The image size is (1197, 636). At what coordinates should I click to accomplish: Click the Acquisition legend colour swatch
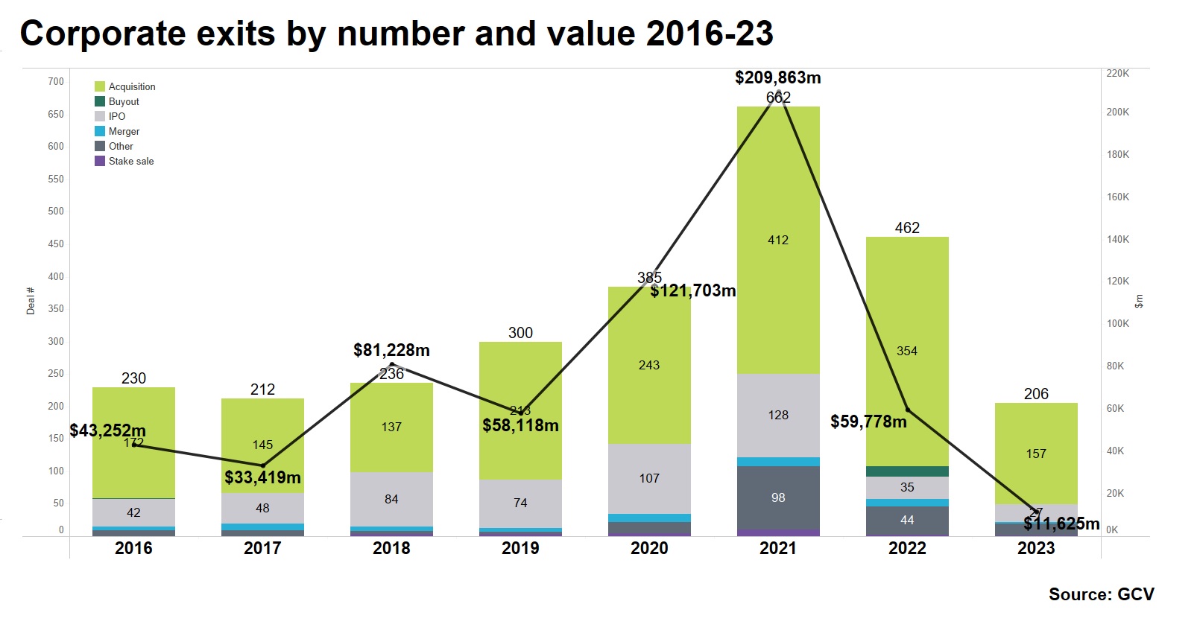pos(100,86)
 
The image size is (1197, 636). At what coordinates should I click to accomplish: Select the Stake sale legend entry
pos(131,161)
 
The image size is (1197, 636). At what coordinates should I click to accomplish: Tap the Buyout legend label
pos(124,101)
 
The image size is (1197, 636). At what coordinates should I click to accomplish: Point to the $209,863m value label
pos(777,77)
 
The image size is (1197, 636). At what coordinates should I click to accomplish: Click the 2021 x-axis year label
pos(777,548)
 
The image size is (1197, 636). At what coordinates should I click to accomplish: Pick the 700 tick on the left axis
pos(56,81)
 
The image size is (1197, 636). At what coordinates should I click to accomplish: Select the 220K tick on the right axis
pos(1117,73)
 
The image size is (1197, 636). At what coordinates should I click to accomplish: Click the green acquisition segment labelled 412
pos(778,240)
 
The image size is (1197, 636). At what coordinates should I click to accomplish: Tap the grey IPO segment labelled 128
pos(778,415)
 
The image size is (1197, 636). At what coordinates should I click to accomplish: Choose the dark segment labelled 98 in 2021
pos(778,497)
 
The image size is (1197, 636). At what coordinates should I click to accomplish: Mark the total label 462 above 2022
pos(907,228)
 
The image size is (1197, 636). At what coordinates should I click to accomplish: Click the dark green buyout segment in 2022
pos(907,471)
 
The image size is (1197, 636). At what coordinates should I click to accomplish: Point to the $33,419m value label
pos(262,477)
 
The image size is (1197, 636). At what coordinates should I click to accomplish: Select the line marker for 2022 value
pos(907,410)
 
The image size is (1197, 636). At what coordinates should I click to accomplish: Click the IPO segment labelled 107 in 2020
pos(649,478)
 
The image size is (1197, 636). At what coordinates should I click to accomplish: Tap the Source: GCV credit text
pos(1101,594)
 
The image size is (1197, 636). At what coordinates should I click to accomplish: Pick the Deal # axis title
pos(31,301)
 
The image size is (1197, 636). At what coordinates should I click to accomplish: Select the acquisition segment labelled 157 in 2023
pos(1036,454)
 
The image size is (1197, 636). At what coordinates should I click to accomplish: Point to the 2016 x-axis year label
pos(133,548)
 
